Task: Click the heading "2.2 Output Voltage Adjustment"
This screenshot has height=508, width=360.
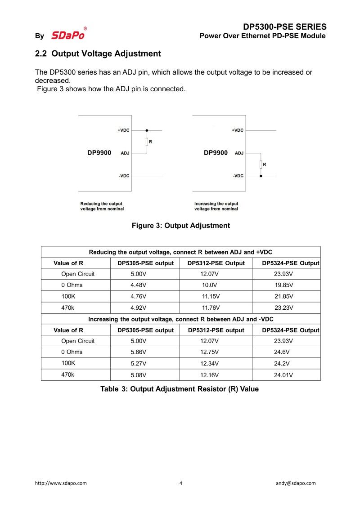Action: coord(98,53)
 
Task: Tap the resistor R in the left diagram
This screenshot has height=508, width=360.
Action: coord(147,142)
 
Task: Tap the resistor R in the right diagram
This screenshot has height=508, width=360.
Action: coord(261,165)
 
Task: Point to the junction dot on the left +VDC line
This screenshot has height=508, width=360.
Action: coord(147,130)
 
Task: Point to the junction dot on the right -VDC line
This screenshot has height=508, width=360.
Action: coord(261,176)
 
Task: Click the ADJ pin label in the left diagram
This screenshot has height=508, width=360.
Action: coord(125,153)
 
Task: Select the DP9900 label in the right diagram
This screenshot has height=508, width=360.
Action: coord(216,153)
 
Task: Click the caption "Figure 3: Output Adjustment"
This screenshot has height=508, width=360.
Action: coord(180,226)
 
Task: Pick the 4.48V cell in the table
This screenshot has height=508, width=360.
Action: coord(139,285)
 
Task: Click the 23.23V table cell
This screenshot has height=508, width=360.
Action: coord(283,308)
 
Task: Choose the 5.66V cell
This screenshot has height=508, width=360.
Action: coord(139,352)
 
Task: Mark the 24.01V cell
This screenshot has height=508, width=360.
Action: coord(283,375)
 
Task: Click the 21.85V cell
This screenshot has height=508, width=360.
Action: coord(283,296)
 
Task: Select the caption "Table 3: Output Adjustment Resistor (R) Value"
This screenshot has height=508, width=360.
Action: coord(180,389)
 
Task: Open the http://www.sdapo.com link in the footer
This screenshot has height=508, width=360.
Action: coord(61,483)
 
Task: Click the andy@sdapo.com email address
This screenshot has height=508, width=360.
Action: coord(296,483)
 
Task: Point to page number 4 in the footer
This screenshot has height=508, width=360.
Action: coord(181,483)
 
